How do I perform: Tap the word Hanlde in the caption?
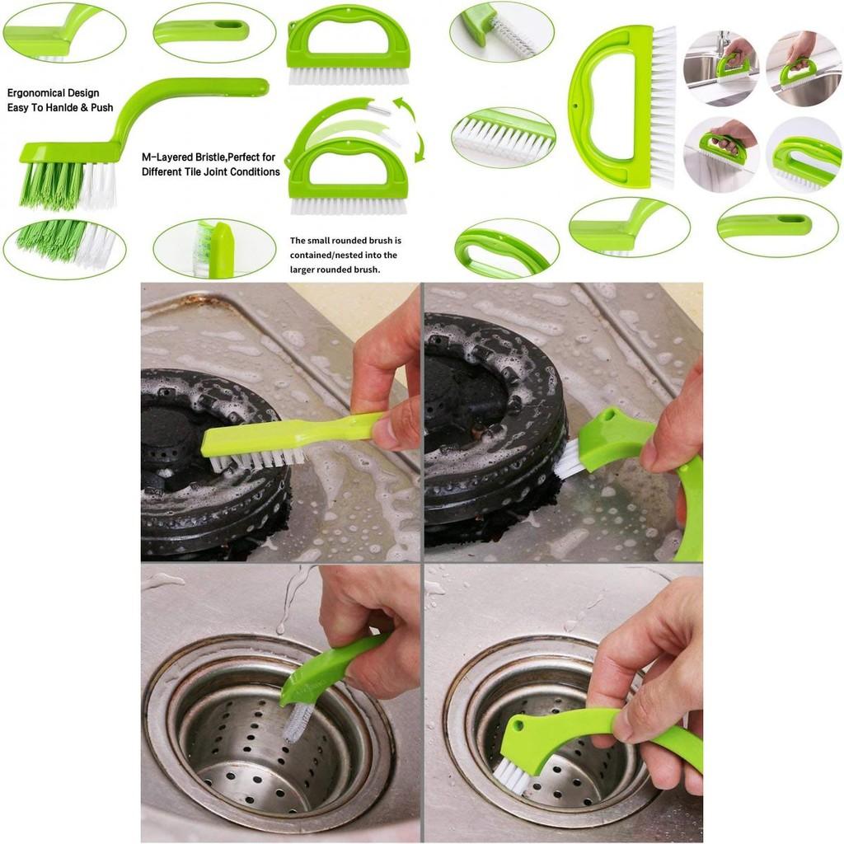tap(68, 108)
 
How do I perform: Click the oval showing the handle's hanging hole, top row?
tap(202, 31)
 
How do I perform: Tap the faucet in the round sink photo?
tap(723, 43)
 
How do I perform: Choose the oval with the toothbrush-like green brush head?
tap(213, 248)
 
